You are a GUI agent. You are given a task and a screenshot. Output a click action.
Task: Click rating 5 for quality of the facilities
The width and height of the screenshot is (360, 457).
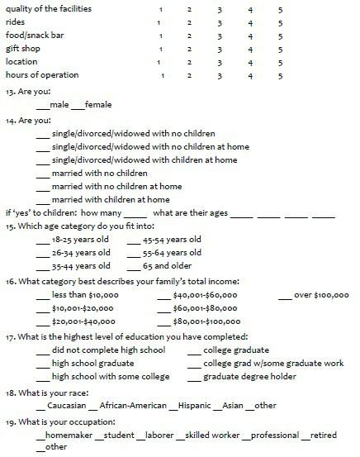click(281, 9)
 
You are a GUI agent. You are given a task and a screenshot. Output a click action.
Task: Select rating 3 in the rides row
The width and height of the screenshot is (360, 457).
click(220, 22)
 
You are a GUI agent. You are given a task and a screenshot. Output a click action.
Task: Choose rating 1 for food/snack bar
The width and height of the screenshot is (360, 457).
click(159, 36)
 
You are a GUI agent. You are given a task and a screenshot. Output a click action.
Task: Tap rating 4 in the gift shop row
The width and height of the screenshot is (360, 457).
click(250, 49)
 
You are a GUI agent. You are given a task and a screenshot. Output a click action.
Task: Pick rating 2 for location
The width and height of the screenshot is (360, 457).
click(189, 62)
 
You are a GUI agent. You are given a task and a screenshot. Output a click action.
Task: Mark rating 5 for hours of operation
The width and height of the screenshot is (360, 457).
click(281, 76)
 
